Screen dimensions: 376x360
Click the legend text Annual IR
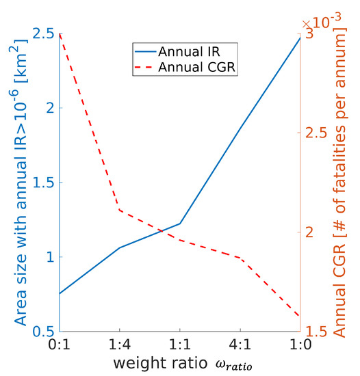[x=188, y=52]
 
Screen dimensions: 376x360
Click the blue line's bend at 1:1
[x=180, y=224]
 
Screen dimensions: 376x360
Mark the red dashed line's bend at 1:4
[x=120, y=209]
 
